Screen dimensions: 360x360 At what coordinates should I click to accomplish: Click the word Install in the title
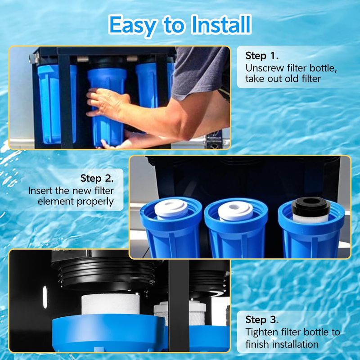click(x=220, y=25)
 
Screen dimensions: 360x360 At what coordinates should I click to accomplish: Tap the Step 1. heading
click(x=262, y=56)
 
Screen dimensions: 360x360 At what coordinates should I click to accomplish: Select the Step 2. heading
click(x=97, y=178)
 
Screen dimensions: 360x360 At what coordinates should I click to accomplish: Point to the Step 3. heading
click(x=262, y=320)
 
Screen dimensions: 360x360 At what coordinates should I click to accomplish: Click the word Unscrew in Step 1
click(x=265, y=68)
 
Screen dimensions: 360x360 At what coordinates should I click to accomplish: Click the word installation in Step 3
click(x=295, y=344)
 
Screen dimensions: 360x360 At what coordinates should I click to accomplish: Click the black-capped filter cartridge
click(x=311, y=210)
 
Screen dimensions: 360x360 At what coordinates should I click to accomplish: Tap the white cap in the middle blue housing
click(x=235, y=211)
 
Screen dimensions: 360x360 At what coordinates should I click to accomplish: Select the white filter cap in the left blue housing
click(x=171, y=209)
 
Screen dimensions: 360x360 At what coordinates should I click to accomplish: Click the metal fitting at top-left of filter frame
click(x=34, y=58)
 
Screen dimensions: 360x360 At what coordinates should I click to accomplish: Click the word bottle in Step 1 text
click(x=323, y=68)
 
